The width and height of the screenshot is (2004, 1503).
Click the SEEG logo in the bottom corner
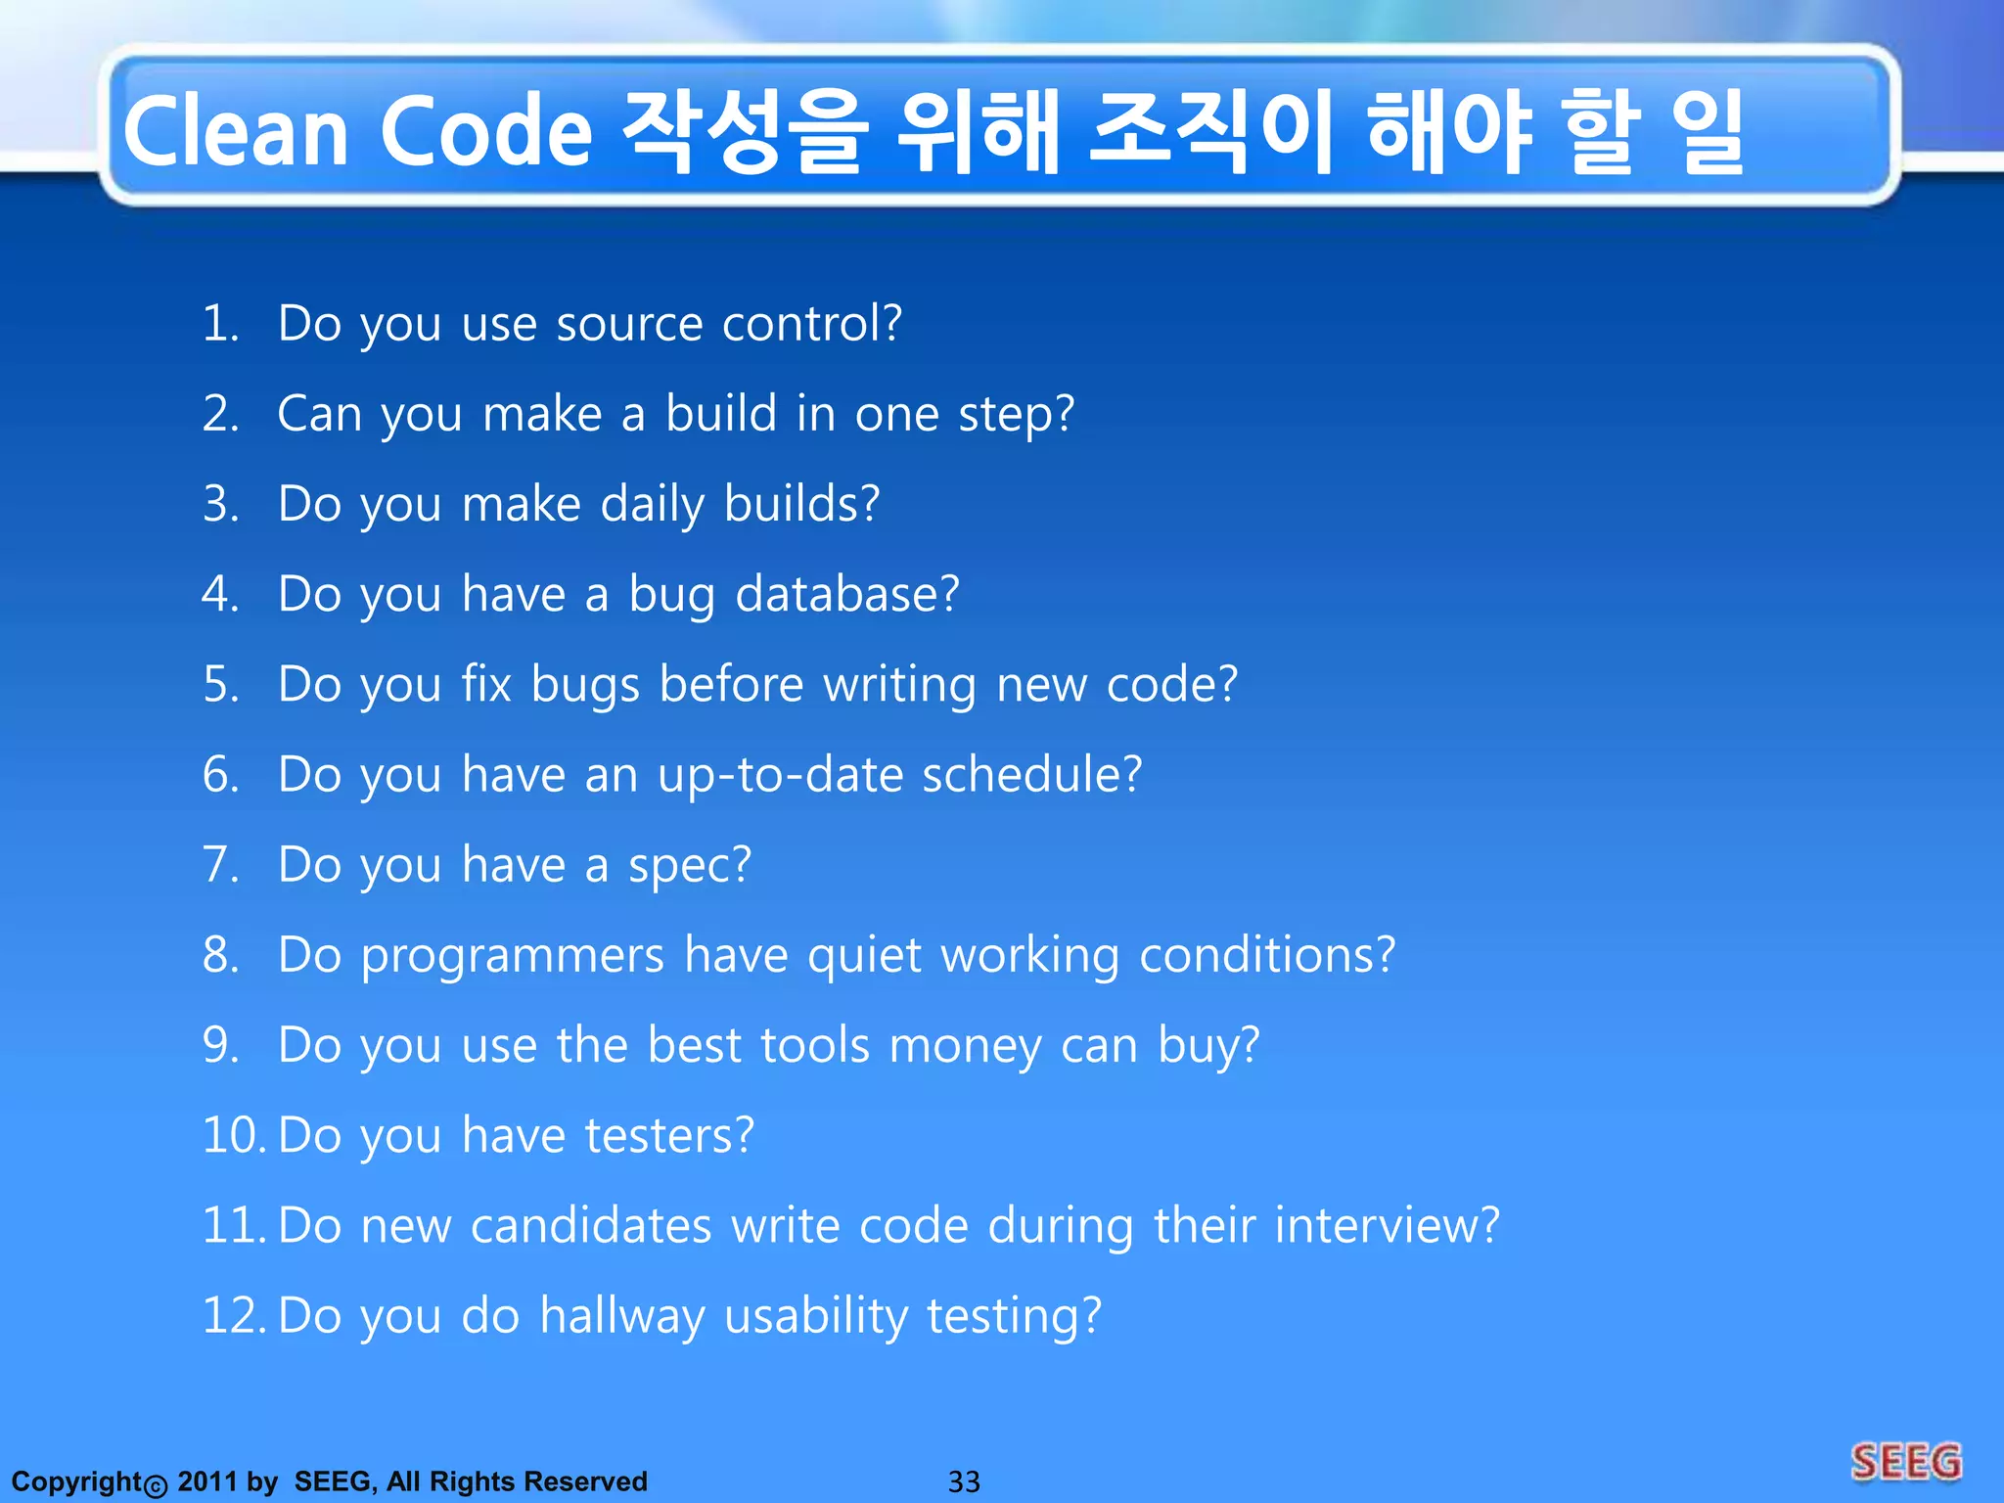pyautogui.click(x=1906, y=1463)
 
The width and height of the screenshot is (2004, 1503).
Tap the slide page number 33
pyautogui.click(x=964, y=1481)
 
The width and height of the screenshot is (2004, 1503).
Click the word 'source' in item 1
pyautogui.click(x=629, y=324)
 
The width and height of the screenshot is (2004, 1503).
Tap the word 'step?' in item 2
pyautogui.click(x=1017, y=415)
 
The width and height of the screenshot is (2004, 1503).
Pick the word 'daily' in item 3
pyautogui.click(x=652, y=505)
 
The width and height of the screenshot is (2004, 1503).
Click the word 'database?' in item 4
pyautogui.click(x=847, y=594)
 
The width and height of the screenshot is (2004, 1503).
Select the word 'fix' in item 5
pyautogui.click(x=486, y=683)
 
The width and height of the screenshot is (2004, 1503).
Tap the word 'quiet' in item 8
pyautogui.click(x=864, y=955)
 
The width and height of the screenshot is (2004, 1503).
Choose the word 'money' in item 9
pyautogui.click(x=965, y=1045)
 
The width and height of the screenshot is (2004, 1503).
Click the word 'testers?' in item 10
pyautogui.click(x=669, y=1135)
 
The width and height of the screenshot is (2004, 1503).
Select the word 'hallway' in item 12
pyautogui.click(x=622, y=1316)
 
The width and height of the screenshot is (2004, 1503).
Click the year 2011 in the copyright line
pyautogui.click(x=206, y=1481)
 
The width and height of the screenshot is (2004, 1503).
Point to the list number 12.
pyautogui.click(x=233, y=1315)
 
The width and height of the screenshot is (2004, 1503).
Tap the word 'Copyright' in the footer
pyautogui.click(x=77, y=1481)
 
